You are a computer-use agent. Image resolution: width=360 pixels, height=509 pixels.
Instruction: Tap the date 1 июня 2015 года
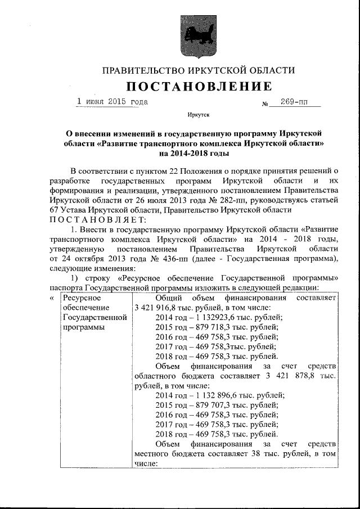click(112, 102)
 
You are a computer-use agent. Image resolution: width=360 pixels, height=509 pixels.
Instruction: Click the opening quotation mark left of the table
click(52, 298)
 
